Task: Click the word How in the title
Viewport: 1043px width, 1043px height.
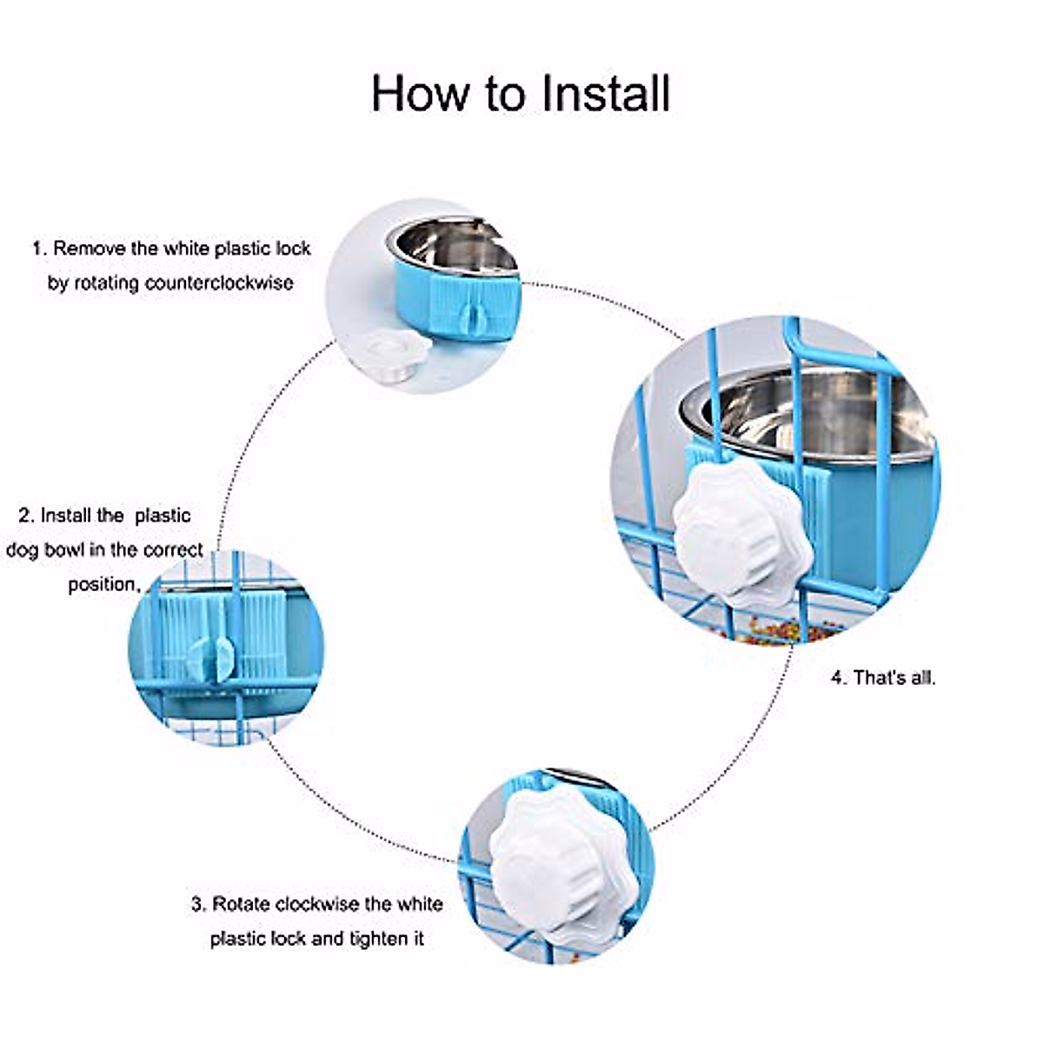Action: (x=421, y=93)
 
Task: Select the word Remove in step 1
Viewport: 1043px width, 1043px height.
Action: (x=90, y=249)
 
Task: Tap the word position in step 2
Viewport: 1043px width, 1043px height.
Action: (x=103, y=584)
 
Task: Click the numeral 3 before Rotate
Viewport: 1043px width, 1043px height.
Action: (x=197, y=905)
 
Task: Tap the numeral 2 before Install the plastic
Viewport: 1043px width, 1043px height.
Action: (x=24, y=515)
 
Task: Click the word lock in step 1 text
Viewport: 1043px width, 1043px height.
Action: (x=293, y=249)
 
